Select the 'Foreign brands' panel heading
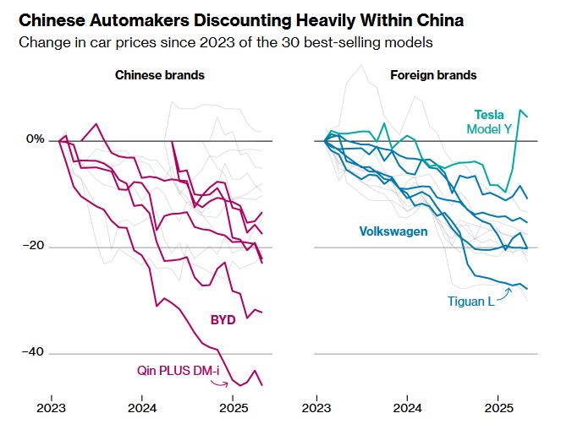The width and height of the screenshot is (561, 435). [x=432, y=76]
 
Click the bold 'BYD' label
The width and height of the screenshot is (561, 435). [x=223, y=320]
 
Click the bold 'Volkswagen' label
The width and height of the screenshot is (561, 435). [x=393, y=231]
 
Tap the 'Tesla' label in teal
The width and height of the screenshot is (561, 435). [x=488, y=115]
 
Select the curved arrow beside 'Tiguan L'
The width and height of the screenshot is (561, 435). [x=505, y=293]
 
